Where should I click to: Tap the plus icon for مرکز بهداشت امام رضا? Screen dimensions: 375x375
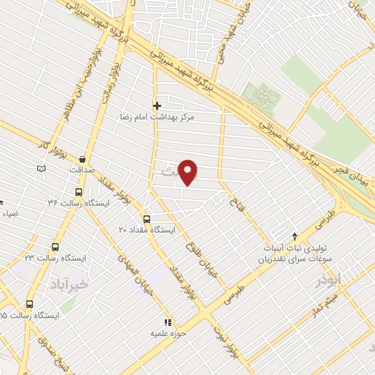click(x=157, y=105)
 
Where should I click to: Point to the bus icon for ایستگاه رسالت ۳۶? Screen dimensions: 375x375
click(x=78, y=191)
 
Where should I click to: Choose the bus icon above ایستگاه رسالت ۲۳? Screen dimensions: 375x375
click(x=55, y=247)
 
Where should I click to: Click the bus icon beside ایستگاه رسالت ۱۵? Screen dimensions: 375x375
click(x=30, y=304)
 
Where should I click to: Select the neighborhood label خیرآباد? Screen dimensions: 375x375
click(x=68, y=281)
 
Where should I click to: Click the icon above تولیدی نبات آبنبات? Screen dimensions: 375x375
click(x=294, y=237)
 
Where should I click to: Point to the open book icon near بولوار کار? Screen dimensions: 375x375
click(x=41, y=169)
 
